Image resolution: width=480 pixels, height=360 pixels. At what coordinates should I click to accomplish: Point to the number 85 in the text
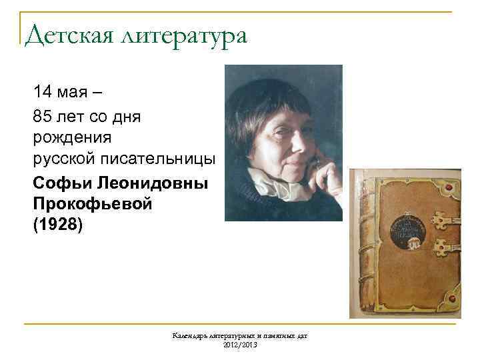point(41,117)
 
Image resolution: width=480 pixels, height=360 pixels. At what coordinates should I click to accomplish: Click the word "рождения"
point(72,138)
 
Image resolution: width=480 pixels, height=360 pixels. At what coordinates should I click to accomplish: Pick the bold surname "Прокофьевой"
point(92,203)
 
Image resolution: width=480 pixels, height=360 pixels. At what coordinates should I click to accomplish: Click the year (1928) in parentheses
point(58,225)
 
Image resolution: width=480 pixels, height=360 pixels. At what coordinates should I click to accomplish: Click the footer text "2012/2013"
point(239,344)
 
